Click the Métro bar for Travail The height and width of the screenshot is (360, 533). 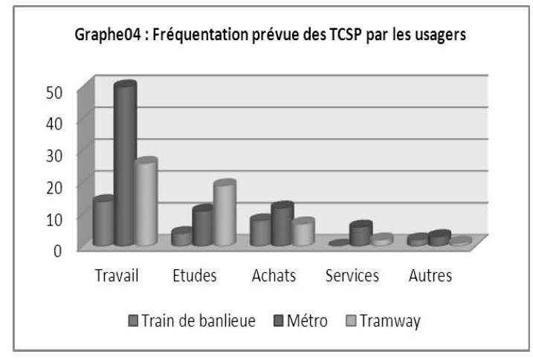coord(125,164)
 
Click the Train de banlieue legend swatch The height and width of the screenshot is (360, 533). coord(134,321)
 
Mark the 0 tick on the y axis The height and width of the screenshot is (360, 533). coord(66,250)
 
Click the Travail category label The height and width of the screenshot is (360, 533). coord(117,276)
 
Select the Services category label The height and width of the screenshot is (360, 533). coord(352,276)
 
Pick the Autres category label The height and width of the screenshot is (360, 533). coord(430,276)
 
